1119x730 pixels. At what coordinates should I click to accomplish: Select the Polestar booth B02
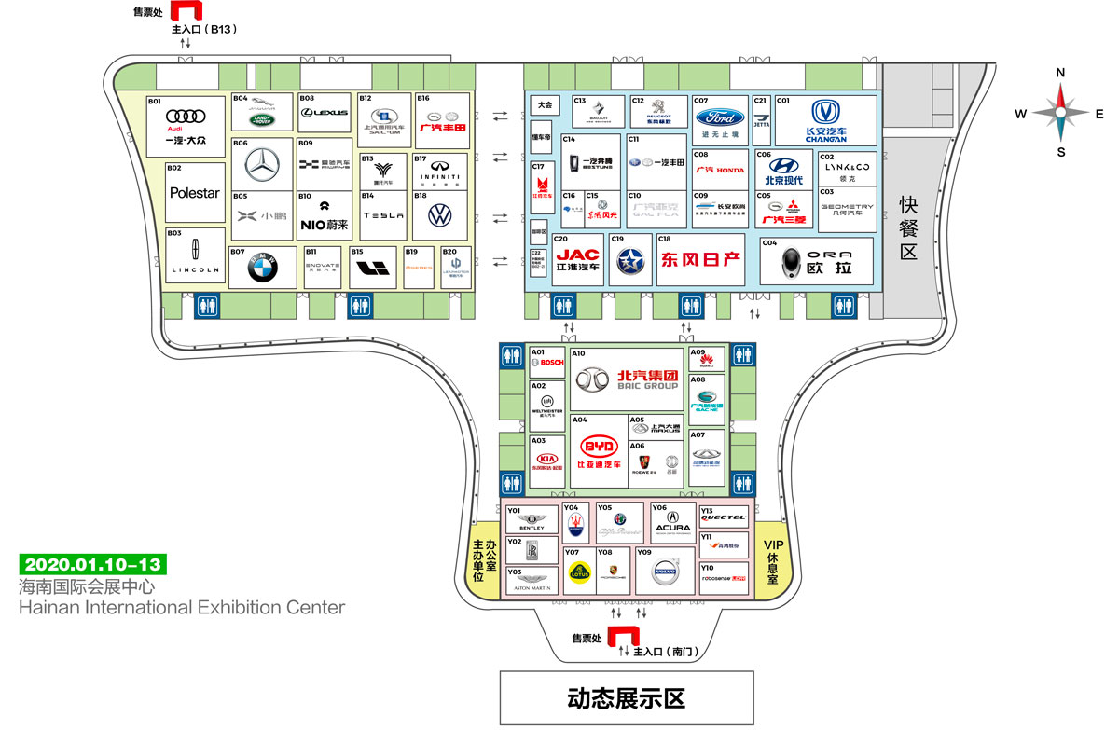coord(195,193)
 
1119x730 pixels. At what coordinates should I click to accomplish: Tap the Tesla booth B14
coord(383,215)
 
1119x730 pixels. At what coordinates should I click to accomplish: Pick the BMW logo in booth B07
coord(263,269)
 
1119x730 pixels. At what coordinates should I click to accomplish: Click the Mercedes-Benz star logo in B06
coord(263,165)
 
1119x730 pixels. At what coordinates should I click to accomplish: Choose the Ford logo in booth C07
coord(720,118)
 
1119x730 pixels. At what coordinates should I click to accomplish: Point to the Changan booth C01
coord(826,120)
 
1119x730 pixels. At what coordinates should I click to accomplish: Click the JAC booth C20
coord(578,259)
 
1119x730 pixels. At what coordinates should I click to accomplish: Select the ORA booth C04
coord(817,262)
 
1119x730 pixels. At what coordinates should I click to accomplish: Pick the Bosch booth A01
coord(546,362)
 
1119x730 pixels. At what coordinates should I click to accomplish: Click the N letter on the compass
coord(1060,73)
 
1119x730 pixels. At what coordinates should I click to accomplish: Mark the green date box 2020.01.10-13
coord(92,564)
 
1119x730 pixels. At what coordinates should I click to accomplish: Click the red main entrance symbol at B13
coord(190,11)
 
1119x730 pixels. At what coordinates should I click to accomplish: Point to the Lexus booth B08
coord(325,113)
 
